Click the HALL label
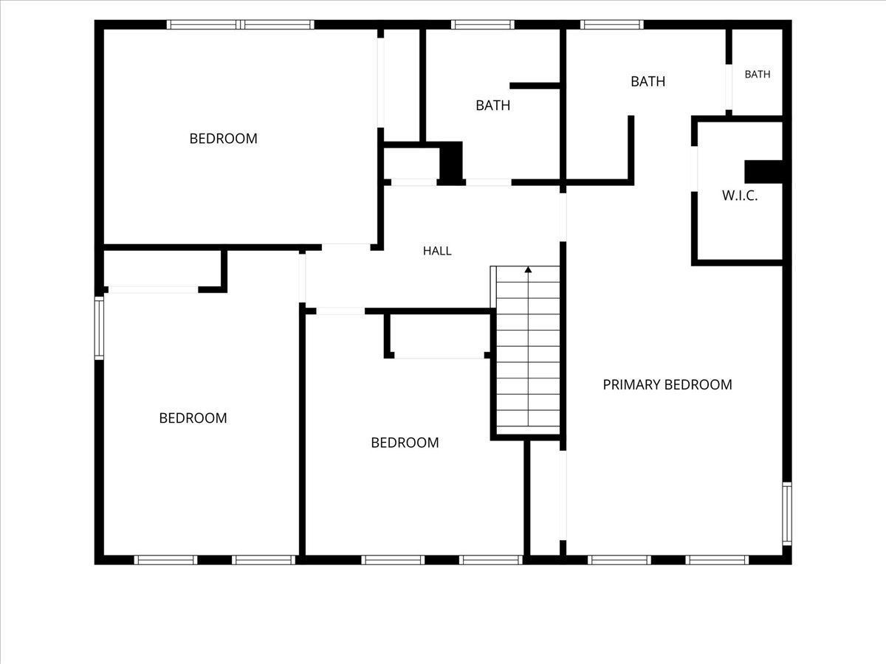coord(437,251)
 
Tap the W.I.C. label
coord(740,196)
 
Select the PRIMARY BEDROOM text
coord(667,384)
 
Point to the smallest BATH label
coord(758,75)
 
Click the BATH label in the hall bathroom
coord(493,106)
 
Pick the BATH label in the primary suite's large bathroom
coord(648,81)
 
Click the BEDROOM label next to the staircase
coord(405,443)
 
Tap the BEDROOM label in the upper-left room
coord(223,139)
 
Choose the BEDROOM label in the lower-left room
coord(193,418)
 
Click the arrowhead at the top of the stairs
coord(528,269)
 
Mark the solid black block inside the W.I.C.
coord(763,172)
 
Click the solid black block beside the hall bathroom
coord(451,163)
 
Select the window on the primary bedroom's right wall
coord(787,513)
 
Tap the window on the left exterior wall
coord(99,328)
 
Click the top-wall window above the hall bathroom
coord(483,24)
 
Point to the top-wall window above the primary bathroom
coord(612,24)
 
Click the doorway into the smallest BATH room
coord(729,86)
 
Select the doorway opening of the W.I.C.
coord(694,169)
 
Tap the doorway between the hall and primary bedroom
coord(563,218)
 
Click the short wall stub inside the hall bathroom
coord(535,86)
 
